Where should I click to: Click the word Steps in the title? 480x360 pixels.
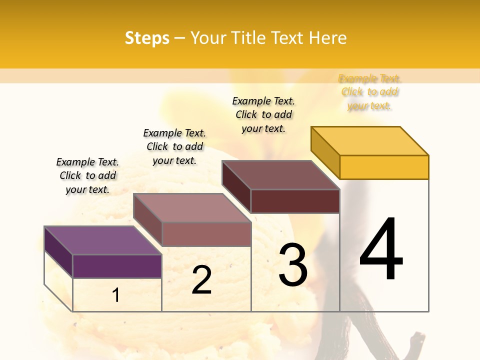coord(147,38)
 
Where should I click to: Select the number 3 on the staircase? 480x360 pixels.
coord(293,265)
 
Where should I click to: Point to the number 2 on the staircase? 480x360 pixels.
coord(202,280)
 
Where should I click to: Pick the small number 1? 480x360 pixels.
coord(116,295)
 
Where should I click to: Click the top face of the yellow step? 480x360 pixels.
coord(370,141)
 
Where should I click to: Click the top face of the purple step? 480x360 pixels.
coord(103,240)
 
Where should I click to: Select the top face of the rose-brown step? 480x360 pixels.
coord(192,208)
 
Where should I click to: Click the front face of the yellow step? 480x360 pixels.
coord(384,167)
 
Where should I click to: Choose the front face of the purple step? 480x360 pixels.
coord(117,266)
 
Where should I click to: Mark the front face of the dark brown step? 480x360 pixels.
coord(295,201)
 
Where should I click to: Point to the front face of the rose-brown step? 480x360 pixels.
coord(206,234)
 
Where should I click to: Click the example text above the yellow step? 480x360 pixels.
coord(369,92)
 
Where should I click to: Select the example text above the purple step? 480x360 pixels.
coord(87,175)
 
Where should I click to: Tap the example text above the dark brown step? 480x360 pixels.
coord(263,114)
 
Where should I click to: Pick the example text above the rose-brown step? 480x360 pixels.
coord(174,146)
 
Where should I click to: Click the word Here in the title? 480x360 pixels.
coord(328,38)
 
